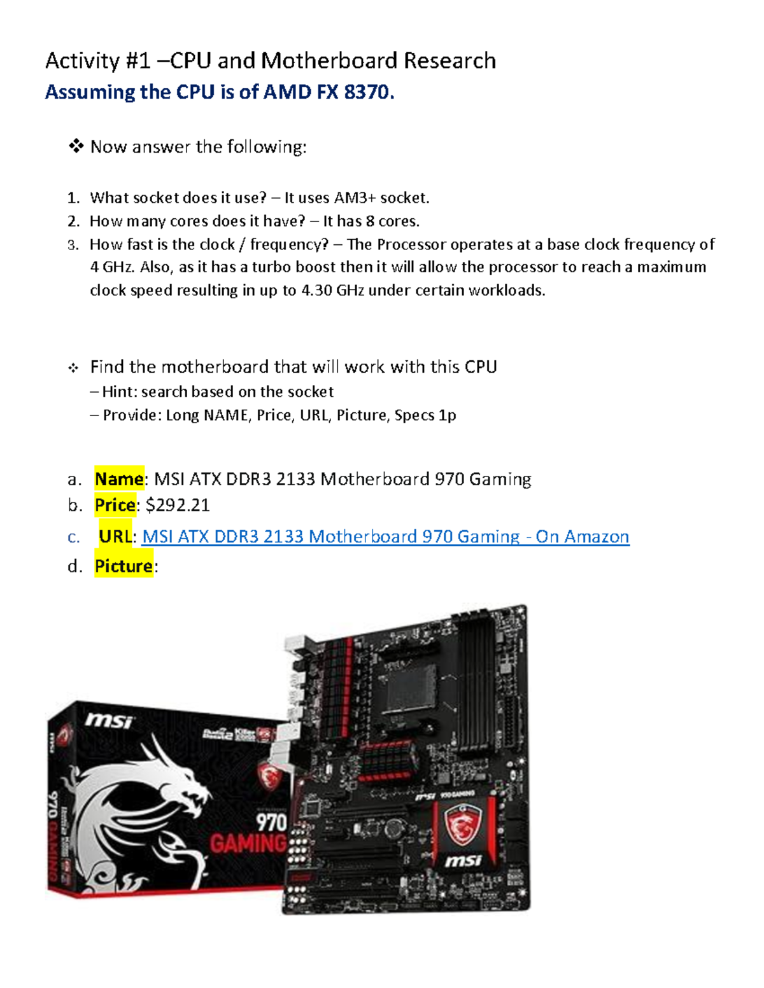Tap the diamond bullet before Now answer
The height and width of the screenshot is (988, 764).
tap(76, 147)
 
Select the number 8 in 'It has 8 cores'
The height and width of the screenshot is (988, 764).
tap(370, 221)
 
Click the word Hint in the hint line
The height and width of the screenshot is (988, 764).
tap(118, 392)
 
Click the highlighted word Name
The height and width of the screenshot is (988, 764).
tap(119, 478)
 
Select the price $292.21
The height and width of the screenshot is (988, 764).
tap(178, 505)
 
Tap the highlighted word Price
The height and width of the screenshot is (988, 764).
tap(115, 505)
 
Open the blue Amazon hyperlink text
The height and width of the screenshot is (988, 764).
tap(385, 537)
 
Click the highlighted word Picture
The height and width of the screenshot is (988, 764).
tap(124, 566)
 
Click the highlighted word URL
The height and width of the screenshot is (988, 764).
tap(115, 537)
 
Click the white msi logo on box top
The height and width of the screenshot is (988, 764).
tap(109, 721)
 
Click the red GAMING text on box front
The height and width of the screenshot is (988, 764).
tap(248, 844)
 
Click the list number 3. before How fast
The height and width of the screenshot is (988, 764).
tap(73, 245)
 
